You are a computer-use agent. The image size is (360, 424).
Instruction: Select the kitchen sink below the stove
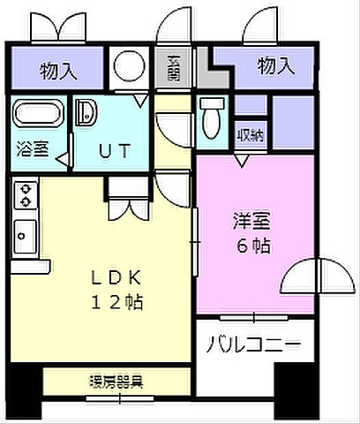(x=25, y=234)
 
